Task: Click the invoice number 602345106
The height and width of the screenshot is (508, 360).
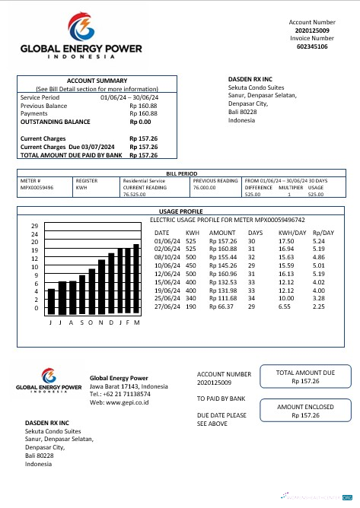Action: (x=312, y=46)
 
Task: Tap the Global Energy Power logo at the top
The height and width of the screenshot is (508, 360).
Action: (x=81, y=36)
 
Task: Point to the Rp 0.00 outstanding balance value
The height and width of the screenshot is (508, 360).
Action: (x=140, y=122)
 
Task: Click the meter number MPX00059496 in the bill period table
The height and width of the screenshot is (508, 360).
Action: (x=37, y=187)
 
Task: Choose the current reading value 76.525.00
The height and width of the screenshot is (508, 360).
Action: (x=134, y=195)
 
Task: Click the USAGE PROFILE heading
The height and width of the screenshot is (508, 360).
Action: (x=180, y=211)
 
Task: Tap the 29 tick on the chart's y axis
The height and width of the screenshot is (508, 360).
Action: (x=34, y=226)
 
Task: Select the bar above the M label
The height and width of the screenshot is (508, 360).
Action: (x=137, y=279)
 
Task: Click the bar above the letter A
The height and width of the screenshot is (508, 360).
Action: (x=72, y=297)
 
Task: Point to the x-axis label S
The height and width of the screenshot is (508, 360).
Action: (x=81, y=322)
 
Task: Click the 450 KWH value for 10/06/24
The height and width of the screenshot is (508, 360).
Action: (x=191, y=265)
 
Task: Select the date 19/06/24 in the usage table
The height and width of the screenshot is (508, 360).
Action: (x=166, y=291)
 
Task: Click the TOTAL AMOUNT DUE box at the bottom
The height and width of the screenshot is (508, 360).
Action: (x=304, y=376)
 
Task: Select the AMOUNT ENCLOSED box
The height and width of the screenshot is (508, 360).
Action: (x=304, y=411)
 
